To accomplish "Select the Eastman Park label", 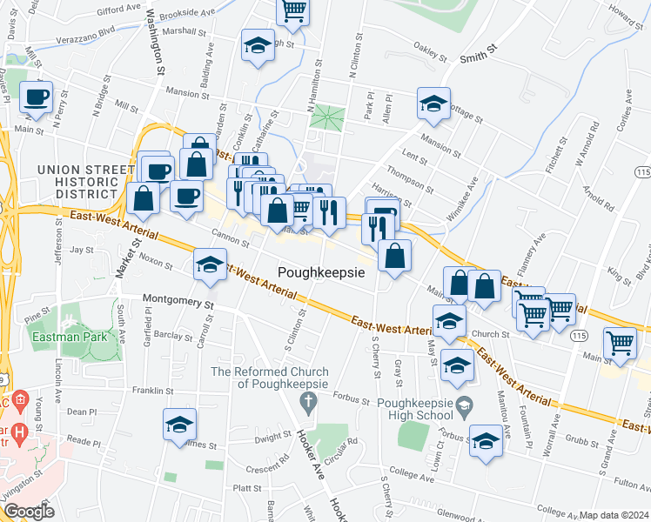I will pyautogui.click(x=64, y=336).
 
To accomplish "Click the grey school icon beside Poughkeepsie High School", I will pyautogui.click(x=466, y=406).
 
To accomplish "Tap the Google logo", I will pyautogui.click(x=29, y=512).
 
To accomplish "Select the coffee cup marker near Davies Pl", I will pyautogui.click(x=36, y=98).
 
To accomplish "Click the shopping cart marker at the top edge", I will pyautogui.click(x=293, y=11).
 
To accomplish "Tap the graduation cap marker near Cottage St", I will pyautogui.click(x=433, y=104).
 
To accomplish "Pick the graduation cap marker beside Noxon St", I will pyautogui.click(x=209, y=267).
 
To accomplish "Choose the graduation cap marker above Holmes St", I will pyautogui.click(x=180, y=425).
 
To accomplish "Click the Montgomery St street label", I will pyautogui.click(x=178, y=304).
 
